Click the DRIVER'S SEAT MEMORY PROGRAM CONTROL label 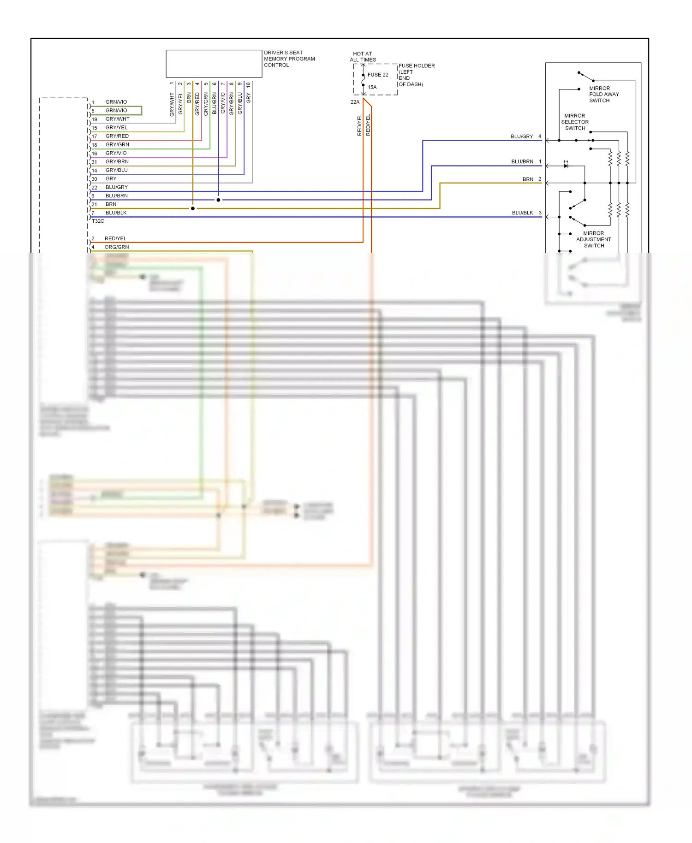(x=289, y=59)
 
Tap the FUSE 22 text (x=377, y=75)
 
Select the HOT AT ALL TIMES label (x=363, y=57)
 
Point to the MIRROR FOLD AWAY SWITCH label (x=603, y=95)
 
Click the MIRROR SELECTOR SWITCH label (x=574, y=122)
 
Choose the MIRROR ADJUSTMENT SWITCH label (x=593, y=239)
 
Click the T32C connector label (x=98, y=221)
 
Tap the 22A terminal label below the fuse (x=355, y=102)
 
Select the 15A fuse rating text (x=372, y=87)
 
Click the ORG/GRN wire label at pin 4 (x=117, y=247)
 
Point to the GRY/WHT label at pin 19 (x=117, y=119)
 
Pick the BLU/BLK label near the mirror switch (x=522, y=213)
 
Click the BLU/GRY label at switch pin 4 (x=522, y=137)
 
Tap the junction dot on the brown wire (x=193, y=208)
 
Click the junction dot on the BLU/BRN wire (x=218, y=200)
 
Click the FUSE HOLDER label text (x=416, y=66)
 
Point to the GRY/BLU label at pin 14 (x=116, y=170)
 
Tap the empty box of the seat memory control (x=214, y=64)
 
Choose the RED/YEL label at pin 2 (x=115, y=238)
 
